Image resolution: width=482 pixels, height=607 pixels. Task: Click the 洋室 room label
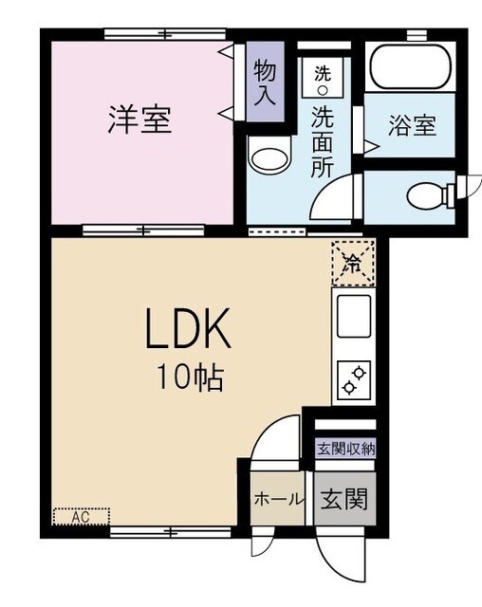coord(140,120)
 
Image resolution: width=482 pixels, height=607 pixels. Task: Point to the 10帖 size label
coord(190,379)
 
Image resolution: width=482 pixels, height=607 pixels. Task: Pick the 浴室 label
coord(413,124)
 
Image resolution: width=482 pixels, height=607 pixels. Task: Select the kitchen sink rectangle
coord(353,314)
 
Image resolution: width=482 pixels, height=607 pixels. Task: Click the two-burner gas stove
coord(353,379)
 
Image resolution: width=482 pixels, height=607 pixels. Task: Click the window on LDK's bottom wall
coord(171,531)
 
